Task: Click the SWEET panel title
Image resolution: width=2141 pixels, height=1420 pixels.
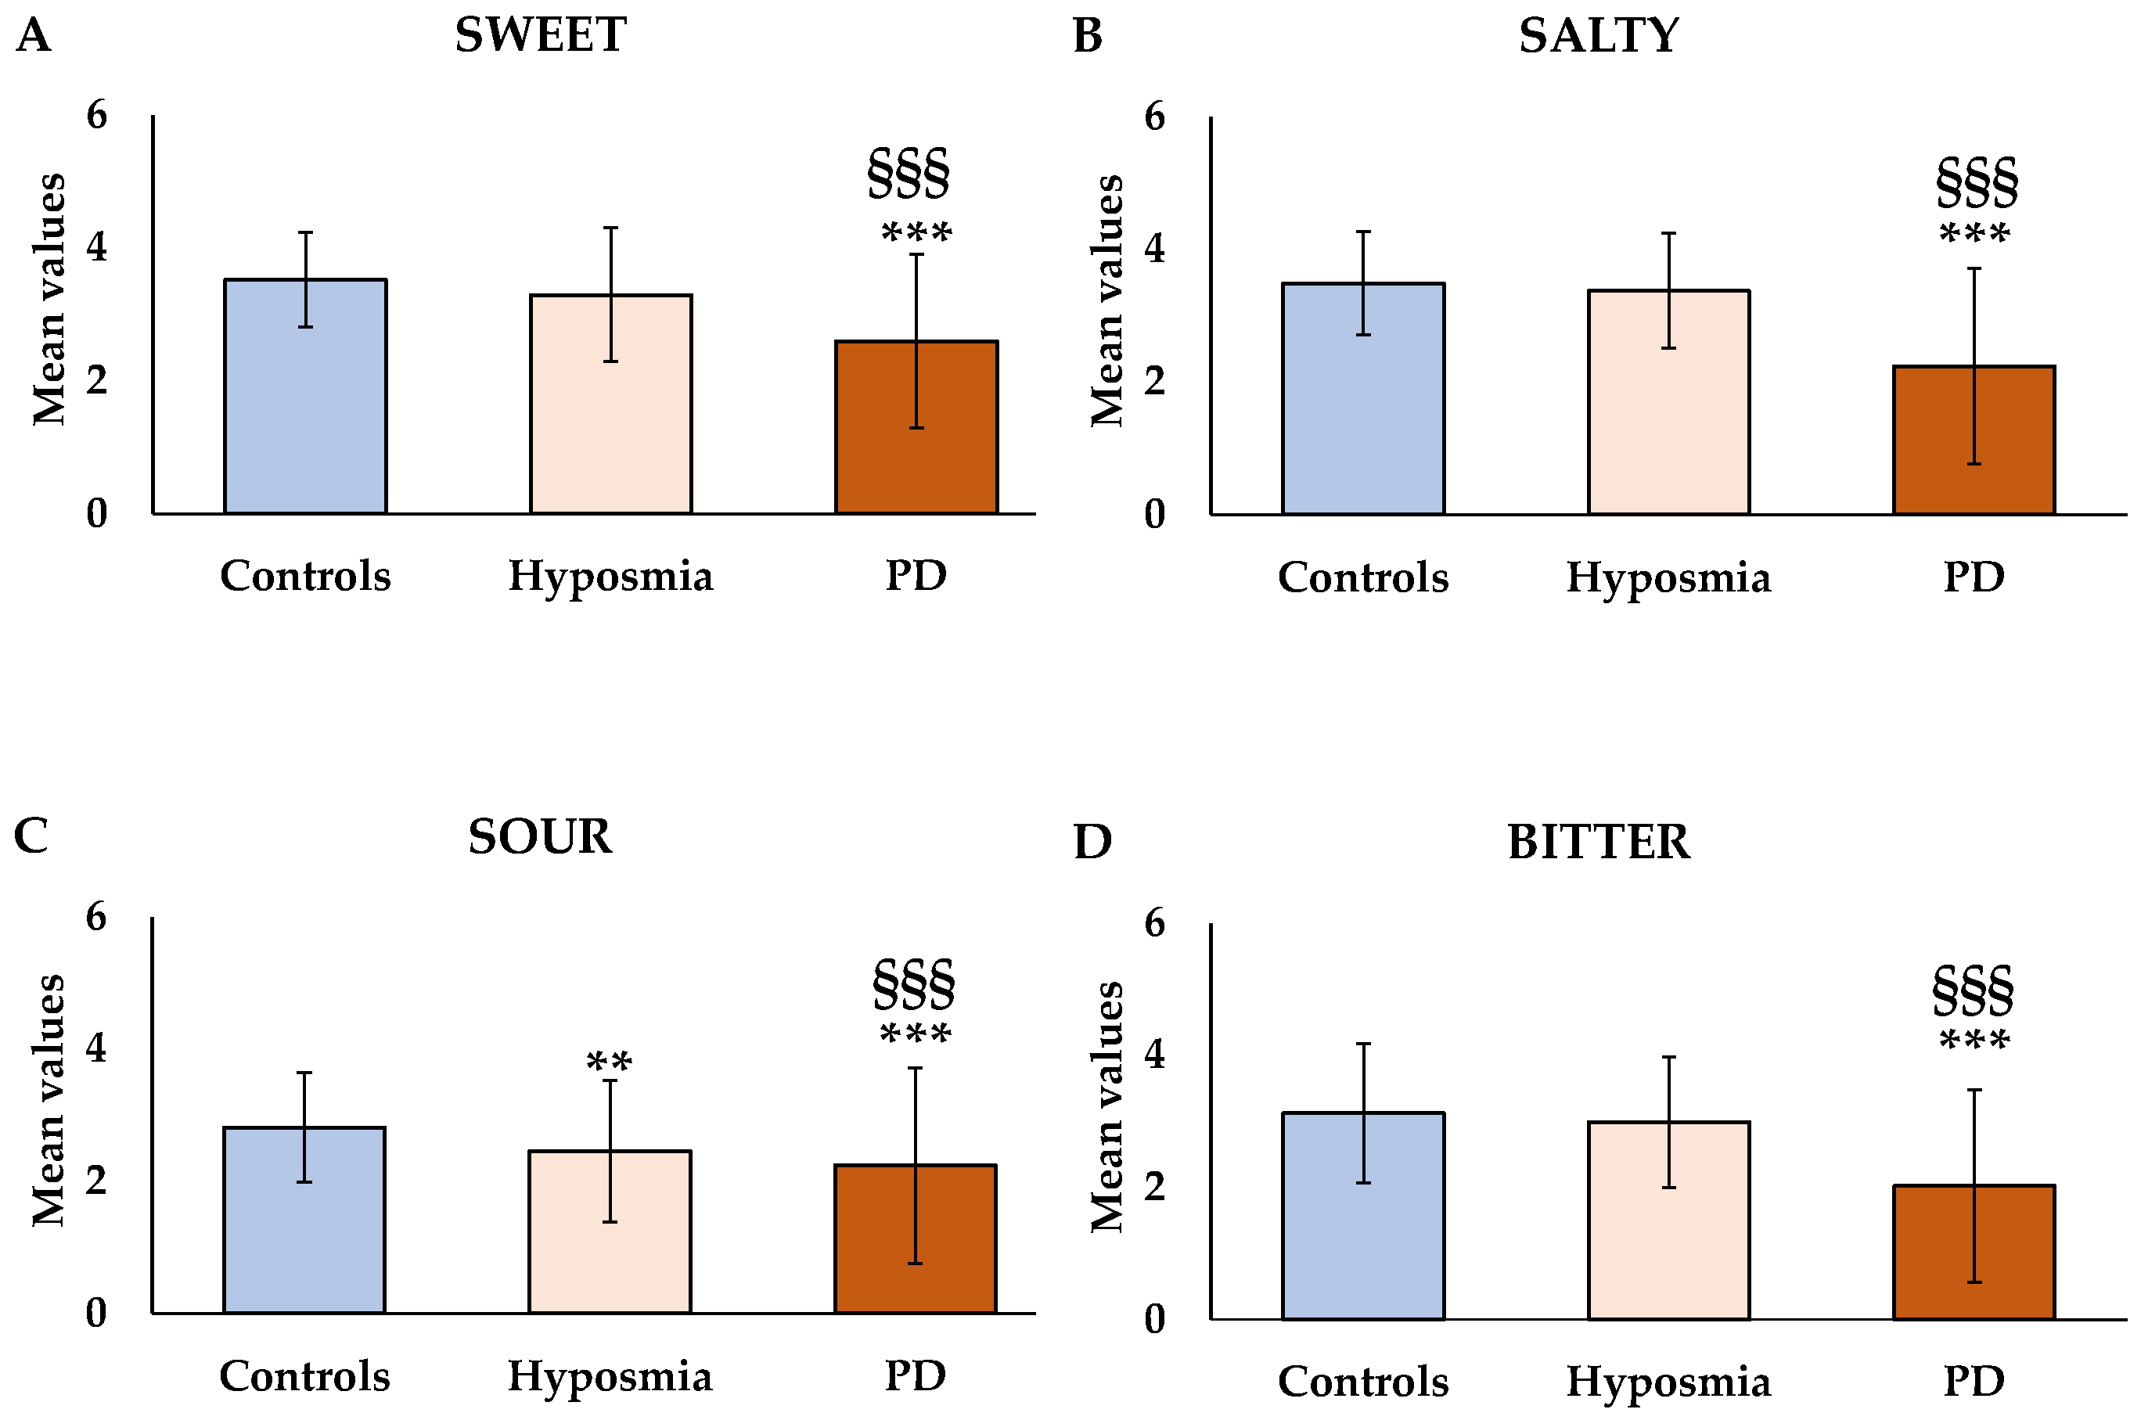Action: click(x=541, y=35)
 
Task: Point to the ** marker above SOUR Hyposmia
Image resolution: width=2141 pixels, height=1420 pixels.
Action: click(x=610, y=1062)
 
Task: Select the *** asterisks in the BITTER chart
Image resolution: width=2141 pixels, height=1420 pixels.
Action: click(x=1974, y=1041)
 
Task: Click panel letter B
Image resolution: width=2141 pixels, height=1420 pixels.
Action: click(x=1087, y=37)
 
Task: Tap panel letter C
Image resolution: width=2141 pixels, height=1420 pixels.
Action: click(x=31, y=835)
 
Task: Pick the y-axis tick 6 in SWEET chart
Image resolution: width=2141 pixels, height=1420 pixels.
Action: click(x=97, y=115)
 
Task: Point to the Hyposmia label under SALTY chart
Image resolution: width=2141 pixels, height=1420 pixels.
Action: click(x=1668, y=578)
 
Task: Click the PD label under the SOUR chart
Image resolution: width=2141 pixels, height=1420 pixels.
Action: click(x=915, y=1375)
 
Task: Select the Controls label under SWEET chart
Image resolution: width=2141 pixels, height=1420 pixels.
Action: click(x=305, y=576)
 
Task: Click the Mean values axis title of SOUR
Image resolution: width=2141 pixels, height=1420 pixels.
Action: click(x=49, y=1100)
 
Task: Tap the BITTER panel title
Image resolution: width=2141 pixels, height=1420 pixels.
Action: click(x=1598, y=842)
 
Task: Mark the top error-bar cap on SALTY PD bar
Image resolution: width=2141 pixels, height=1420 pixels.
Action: click(x=1974, y=269)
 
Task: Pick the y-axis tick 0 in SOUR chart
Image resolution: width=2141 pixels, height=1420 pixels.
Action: click(x=97, y=1312)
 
